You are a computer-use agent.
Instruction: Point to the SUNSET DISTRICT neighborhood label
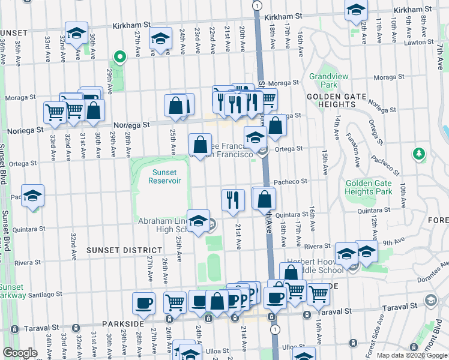point(124,250)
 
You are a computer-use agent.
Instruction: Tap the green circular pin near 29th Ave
point(119,58)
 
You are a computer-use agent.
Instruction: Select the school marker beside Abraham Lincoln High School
point(198,220)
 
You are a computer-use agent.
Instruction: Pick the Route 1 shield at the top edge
point(257,5)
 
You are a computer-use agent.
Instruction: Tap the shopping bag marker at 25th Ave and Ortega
point(200,144)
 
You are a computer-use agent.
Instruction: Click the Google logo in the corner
point(20,353)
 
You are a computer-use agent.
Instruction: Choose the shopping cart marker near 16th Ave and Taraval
point(318,293)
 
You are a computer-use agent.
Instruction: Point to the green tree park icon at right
point(418,155)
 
